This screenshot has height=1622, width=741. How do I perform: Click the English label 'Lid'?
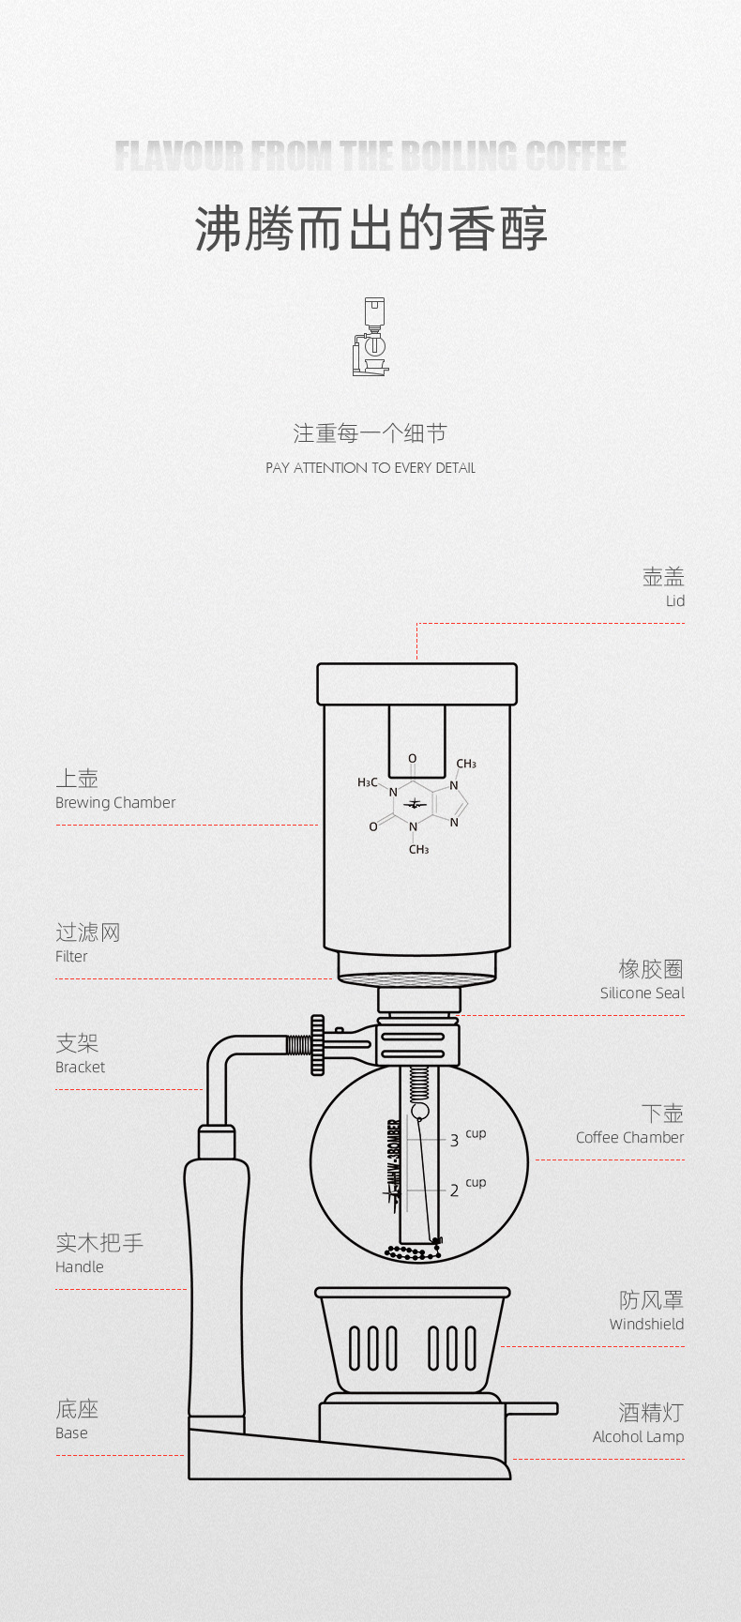(x=674, y=601)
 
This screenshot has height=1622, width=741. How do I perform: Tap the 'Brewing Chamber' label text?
(x=115, y=803)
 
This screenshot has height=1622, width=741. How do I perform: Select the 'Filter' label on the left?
(x=71, y=957)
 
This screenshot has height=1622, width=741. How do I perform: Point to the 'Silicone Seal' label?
(x=642, y=993)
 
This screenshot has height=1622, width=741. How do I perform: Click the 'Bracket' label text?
(x=80, y=1068)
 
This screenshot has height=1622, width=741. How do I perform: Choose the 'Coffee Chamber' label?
(x=629, y=1138)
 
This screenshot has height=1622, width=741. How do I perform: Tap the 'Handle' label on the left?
(x=79, y=1267)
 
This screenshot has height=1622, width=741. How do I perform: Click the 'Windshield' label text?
(x=646, y=1325)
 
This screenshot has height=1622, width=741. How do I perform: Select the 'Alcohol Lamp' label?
(x=638, y=1437)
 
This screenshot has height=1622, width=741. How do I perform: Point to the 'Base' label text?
(x=71, y=1433)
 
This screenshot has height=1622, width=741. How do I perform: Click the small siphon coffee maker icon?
(x=370, y=337)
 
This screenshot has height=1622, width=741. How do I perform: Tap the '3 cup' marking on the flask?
(x=466, y=1138)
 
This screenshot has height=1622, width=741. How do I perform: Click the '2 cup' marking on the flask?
(x=466, y=1188)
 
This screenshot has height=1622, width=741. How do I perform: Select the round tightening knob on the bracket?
(x=318, y=1044)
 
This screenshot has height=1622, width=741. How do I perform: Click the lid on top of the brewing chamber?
(x=416, y=684)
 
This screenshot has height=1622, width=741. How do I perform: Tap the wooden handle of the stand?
(x=217, y=1285)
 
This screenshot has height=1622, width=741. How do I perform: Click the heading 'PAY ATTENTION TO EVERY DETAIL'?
(x=370, y=468)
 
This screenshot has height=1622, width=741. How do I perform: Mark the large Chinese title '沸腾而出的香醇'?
(x=370, y=230)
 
